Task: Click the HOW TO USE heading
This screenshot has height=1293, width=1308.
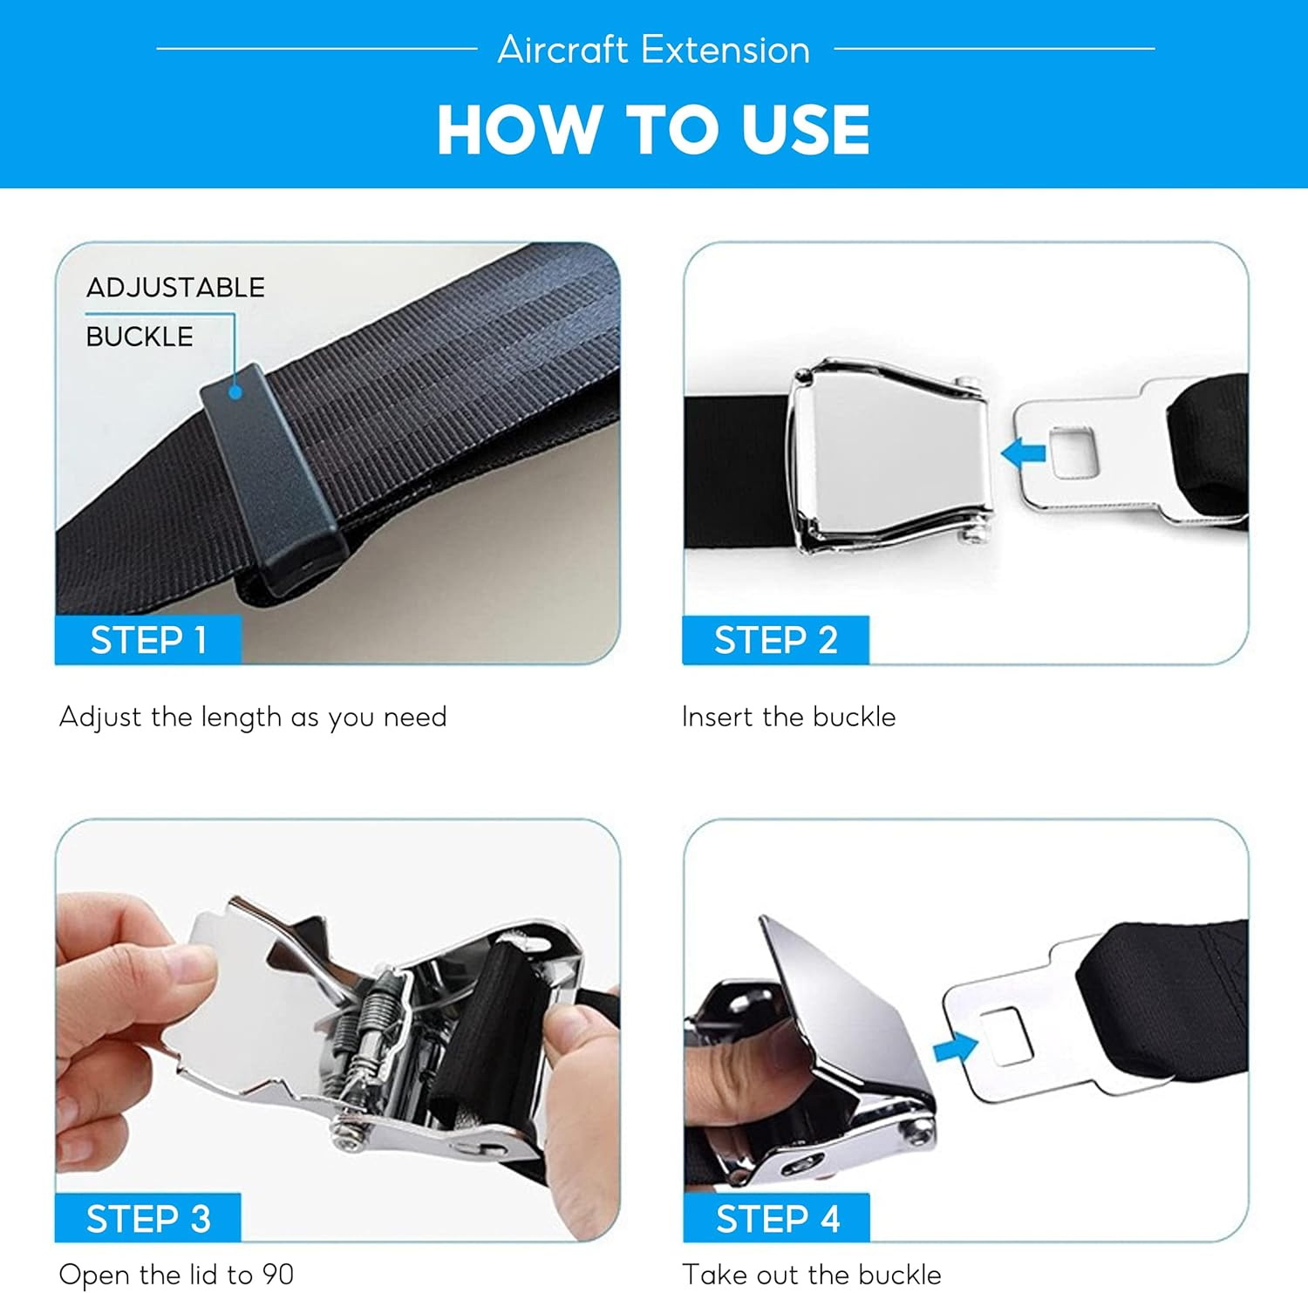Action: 653,130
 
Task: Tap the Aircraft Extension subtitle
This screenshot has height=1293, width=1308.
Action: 653,50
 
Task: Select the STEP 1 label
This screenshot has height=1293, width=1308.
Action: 148,640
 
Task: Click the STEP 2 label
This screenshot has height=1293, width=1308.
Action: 775,640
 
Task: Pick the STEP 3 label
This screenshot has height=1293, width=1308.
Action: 148,1218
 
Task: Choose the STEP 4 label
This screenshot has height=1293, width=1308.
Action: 777,1218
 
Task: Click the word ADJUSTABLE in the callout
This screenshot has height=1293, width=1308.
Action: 175,288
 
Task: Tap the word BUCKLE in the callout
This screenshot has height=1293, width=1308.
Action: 140,337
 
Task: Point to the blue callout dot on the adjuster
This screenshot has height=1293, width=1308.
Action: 235,392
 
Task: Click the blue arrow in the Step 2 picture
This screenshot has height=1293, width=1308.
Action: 1024,453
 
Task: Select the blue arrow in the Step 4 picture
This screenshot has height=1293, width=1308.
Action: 955,1046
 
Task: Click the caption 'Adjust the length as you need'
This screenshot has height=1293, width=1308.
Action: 253,717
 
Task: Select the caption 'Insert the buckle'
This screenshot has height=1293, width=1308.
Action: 788,717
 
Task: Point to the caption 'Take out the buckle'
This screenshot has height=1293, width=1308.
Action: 811,1274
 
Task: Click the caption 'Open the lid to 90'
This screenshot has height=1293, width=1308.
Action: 176,1274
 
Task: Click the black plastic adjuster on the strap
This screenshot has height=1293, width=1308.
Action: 270,480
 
